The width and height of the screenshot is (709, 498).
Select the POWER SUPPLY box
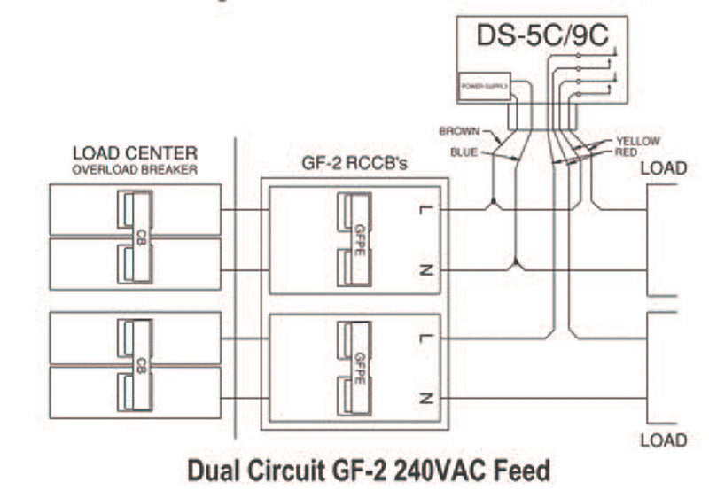pos(483,86)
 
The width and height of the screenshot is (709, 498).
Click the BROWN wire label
pos(459,132)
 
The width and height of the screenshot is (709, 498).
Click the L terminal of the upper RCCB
pos(426,210)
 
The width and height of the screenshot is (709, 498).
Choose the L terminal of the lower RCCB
pos(426,338)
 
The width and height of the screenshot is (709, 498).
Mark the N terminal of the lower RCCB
pos(426,398)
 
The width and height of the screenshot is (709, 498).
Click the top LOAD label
pos(663,168)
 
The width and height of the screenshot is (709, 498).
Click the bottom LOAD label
pos(663,440)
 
